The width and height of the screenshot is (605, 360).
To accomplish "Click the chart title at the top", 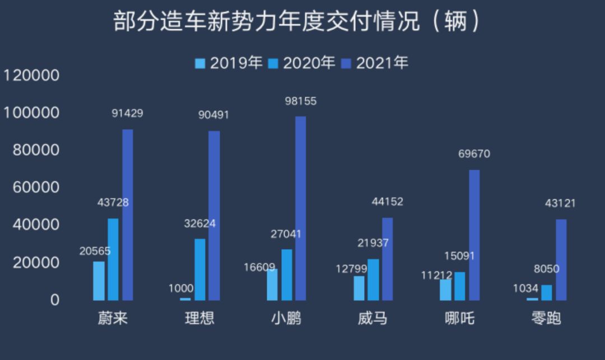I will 297,22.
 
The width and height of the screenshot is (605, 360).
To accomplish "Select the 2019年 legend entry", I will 229,63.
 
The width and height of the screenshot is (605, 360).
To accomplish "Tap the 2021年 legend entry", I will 375,63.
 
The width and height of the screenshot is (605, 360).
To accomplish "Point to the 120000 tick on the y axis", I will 31,75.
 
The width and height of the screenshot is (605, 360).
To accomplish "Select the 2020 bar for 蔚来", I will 113,259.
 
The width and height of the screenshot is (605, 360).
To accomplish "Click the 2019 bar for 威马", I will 359,288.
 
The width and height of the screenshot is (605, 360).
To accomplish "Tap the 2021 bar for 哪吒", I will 474,235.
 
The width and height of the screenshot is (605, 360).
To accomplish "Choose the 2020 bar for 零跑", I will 546,292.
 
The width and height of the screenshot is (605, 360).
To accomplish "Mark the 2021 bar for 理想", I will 214,216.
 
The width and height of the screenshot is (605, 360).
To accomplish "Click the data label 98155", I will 300,101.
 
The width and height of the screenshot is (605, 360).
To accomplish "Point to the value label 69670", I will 474,154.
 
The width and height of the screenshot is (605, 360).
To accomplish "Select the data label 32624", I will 199,224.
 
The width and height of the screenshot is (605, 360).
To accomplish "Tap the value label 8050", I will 546,269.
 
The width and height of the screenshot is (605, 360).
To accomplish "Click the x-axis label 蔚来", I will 113,319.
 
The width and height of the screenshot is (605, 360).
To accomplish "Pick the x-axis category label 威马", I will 373,319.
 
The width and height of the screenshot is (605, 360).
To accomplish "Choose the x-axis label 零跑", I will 546,319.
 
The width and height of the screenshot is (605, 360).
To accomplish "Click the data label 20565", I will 95,251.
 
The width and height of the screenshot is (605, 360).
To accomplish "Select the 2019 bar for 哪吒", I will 445,289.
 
